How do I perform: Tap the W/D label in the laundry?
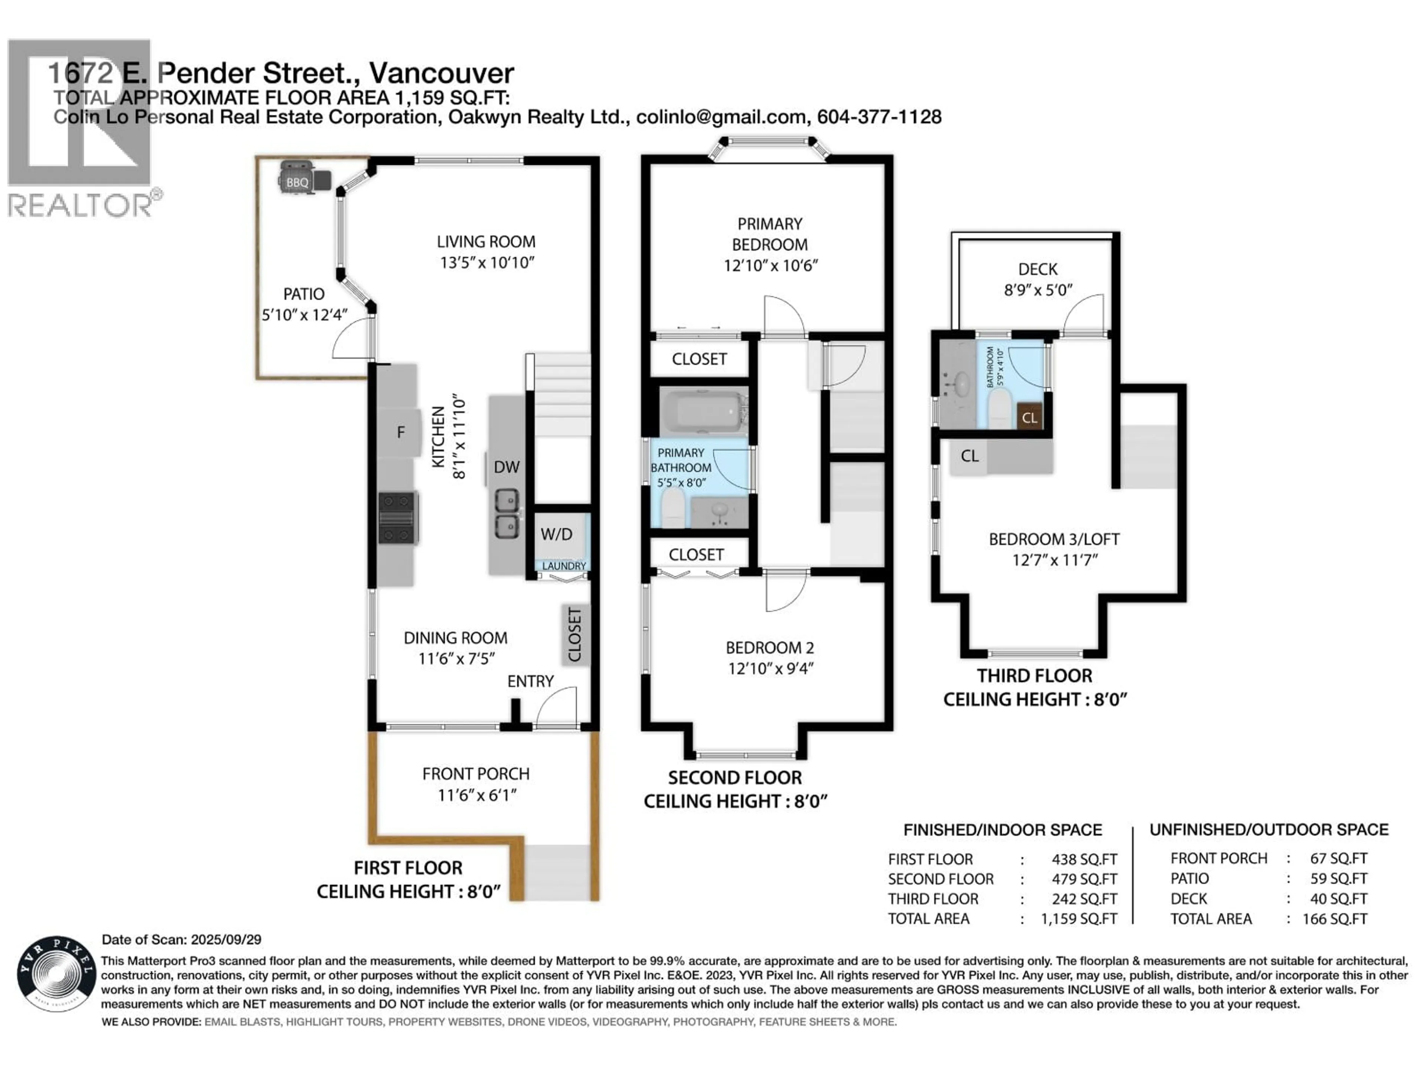coord(556,534)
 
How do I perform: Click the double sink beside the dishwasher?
coord(506,514)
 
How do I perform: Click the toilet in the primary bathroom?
coord(673,508)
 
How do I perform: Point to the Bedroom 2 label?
coord(770,648)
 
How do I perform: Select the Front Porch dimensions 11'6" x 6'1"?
coord(476,795)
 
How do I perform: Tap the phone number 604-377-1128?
coord(879,117)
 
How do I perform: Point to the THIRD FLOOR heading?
coord(1034,676)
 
